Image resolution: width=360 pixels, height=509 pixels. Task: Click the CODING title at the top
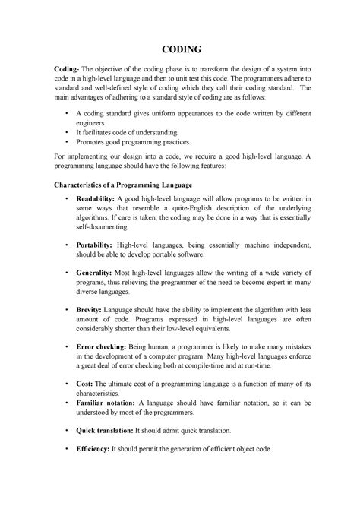pos(180,49)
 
